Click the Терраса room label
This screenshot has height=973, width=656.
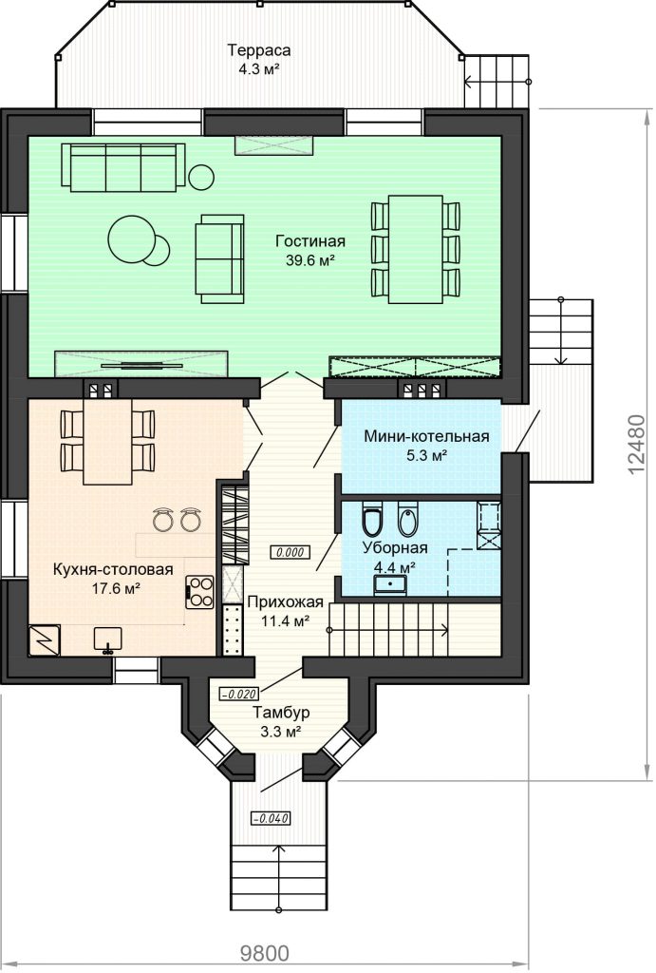tap(258, 49)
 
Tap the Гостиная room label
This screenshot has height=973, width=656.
tap(310, 241)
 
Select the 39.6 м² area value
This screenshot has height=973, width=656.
tap(310, 260)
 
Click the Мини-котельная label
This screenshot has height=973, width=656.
tap(426, 436)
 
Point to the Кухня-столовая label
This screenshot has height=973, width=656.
tap(113, 570)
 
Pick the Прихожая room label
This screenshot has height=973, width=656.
tap(285, 601)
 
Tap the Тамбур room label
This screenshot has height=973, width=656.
tap(282, 713)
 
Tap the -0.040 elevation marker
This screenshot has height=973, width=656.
tap(271, 818)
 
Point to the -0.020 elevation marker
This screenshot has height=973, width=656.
tap(238, 694)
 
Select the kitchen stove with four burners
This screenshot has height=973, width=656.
tap(200, 592)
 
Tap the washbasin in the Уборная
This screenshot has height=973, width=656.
tap(390, 585)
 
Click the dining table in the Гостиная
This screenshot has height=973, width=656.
tap(415, 250)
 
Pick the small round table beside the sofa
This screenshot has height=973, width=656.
tap(201, 178)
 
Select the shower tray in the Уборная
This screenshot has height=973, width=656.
tap(489, 525)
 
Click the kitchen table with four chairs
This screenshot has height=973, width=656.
tap(107, 441)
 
